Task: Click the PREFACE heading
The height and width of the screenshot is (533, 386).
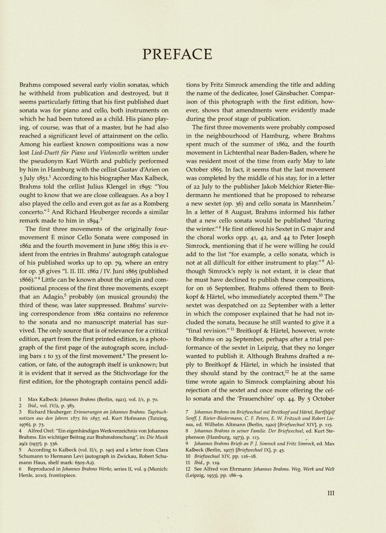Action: pyautogui.click(x=177, y=54)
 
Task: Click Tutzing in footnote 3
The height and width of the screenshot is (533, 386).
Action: pyautogui.click(x=158, y=418)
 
